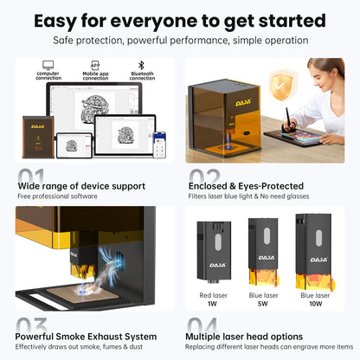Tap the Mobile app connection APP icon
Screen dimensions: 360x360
coord(95,64)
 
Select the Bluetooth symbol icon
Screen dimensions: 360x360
coord(142,64)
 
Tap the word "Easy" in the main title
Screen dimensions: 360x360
coord(63,20)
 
